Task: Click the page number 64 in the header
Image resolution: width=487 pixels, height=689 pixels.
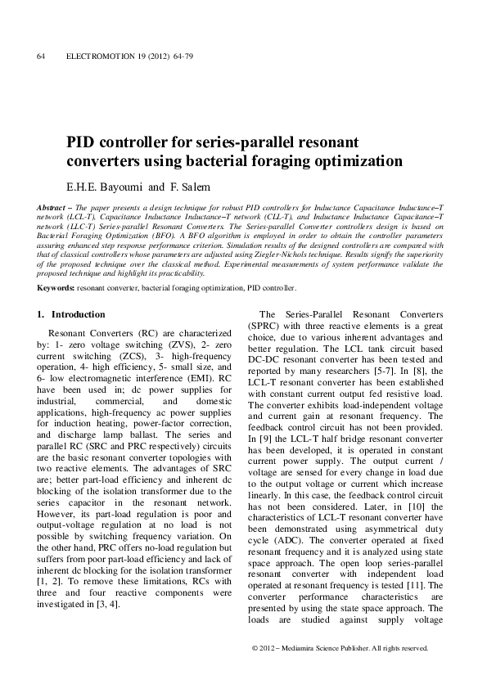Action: coord(41,56)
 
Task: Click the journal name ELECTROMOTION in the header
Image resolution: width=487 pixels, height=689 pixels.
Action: coord(96,56)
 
